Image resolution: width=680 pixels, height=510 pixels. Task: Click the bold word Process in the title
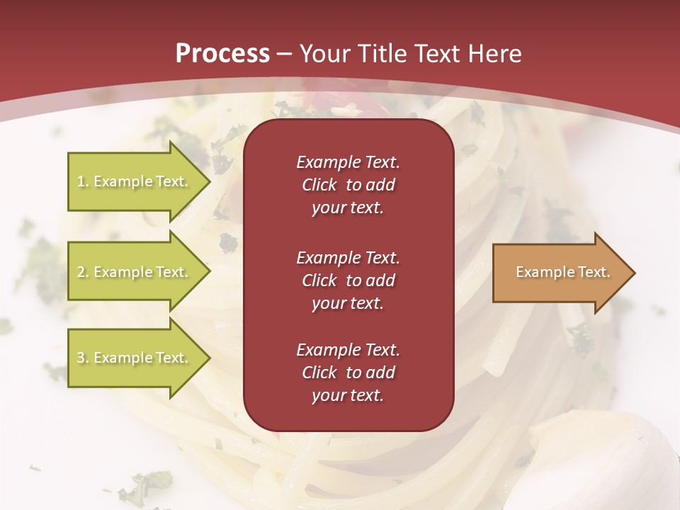tap(222, 54)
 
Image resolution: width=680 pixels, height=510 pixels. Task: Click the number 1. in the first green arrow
tap(83, 181)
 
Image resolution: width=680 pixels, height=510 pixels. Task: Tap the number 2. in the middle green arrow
tap(83, 272)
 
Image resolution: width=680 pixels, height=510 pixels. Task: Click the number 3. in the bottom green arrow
tap(83, 358)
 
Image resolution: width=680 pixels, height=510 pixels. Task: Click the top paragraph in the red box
tap(348, 185)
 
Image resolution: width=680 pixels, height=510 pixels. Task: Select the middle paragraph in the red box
tap(348, 280)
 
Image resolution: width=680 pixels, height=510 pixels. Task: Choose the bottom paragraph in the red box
tap(348, 373)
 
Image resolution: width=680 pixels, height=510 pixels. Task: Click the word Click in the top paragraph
tap(319, 185)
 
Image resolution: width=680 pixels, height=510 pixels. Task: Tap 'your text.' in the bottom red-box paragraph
tap(348, 396)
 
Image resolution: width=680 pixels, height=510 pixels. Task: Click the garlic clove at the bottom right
tap(609, 460)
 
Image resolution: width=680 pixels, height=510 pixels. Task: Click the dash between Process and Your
tap(284, 54)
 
